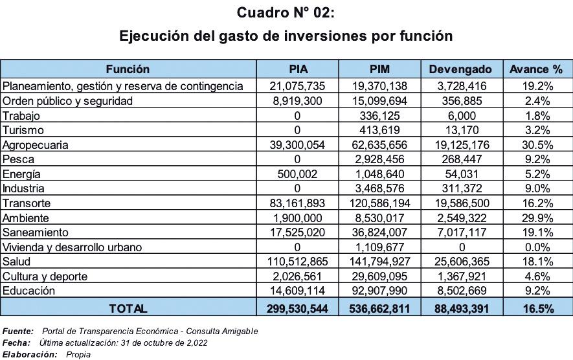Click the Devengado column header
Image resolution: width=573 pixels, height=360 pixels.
point(460,69)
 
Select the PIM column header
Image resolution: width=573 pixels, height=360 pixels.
point(379,69)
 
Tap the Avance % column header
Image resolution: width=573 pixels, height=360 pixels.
point(536,69)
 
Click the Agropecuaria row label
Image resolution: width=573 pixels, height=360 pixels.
point(36,144)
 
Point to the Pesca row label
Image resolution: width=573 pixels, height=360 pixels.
point(19,159)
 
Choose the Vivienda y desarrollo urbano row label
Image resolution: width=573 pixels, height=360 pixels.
point(72,247)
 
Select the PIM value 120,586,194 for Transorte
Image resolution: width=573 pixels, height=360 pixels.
point(379,203)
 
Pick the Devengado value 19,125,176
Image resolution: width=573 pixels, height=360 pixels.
point(460,144)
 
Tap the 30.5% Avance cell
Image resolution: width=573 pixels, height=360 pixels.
point(536,144)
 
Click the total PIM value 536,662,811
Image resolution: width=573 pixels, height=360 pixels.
point(379,309)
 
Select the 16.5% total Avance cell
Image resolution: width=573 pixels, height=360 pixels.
point(536,309)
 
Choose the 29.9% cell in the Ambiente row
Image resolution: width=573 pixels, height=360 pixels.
point(536,218)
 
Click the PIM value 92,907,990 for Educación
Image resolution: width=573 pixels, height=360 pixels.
point(379,291)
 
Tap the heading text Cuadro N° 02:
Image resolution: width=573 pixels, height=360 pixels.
point(286,12)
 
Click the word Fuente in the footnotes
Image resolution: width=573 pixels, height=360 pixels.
point(17,331)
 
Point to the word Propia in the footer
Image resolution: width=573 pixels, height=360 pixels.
point(78,354)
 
